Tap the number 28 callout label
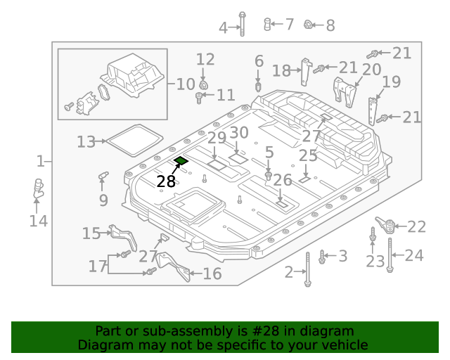(x=166, y=181)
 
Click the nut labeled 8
(x=308, y=25)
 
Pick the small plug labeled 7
(x=268, y=25)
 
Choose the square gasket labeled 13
(x=133, y=140)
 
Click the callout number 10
(x=186, y=85)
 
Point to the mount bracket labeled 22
(x=385, y=227)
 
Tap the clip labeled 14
(x=38, y=189)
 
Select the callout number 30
(x=239, y=133)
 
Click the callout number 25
(x=308, y=155)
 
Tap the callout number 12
(x=205, y=59)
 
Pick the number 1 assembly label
(x=40, y=162)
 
